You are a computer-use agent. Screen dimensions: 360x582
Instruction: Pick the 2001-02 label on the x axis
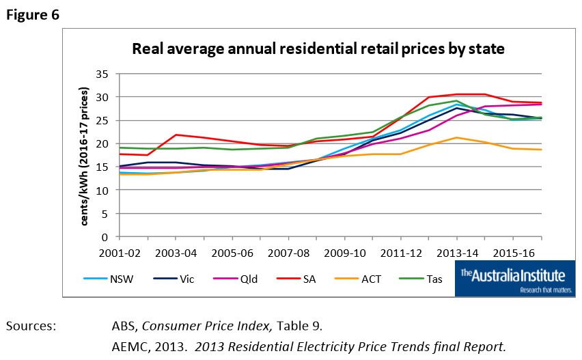click(x=120, y=252)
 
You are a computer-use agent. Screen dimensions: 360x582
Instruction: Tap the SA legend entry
click(x=301, y=278)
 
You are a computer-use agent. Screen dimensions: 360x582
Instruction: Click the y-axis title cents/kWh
click(x=85, y=156)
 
